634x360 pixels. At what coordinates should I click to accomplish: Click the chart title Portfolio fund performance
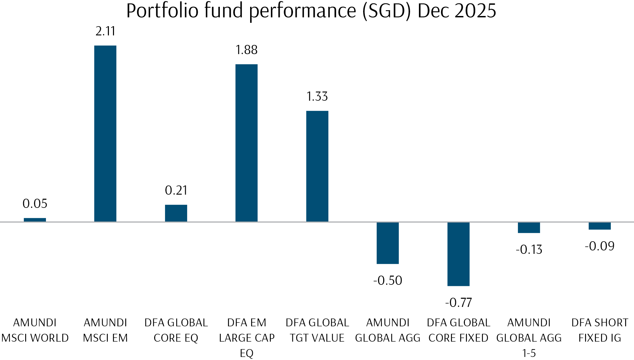pos(311,11)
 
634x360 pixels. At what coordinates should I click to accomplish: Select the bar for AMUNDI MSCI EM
pos(105,133)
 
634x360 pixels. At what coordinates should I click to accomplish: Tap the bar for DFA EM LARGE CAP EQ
pos(246,143)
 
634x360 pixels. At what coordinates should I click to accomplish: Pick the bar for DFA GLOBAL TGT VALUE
pos(317,166)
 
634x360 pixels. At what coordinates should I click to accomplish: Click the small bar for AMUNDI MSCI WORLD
pos(35,220)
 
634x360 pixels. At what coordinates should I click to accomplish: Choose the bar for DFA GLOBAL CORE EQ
pos(176,213)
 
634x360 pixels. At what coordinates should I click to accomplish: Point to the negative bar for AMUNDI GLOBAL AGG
pos(388,243)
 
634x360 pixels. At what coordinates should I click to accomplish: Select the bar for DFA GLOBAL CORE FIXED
pos(458,254)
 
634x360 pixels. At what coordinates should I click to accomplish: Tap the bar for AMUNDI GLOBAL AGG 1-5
pos(529,228)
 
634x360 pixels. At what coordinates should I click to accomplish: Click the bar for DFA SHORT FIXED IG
pos(600,226)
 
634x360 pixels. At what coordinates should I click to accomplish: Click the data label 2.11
pos(105,31)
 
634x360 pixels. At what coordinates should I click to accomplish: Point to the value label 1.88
pos(246,50)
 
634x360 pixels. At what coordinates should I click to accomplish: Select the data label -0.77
pos(458,302)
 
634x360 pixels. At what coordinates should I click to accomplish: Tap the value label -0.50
pos(388,280)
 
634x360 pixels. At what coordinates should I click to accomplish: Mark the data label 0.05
pos(35,203)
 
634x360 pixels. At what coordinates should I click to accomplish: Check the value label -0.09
pos(600,246)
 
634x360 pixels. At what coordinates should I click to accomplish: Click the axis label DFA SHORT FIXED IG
pos(600,330)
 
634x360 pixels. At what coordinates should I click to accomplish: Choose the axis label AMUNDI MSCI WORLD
pos(35,330)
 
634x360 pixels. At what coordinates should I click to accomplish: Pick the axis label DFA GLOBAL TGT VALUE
pos(317,330)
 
